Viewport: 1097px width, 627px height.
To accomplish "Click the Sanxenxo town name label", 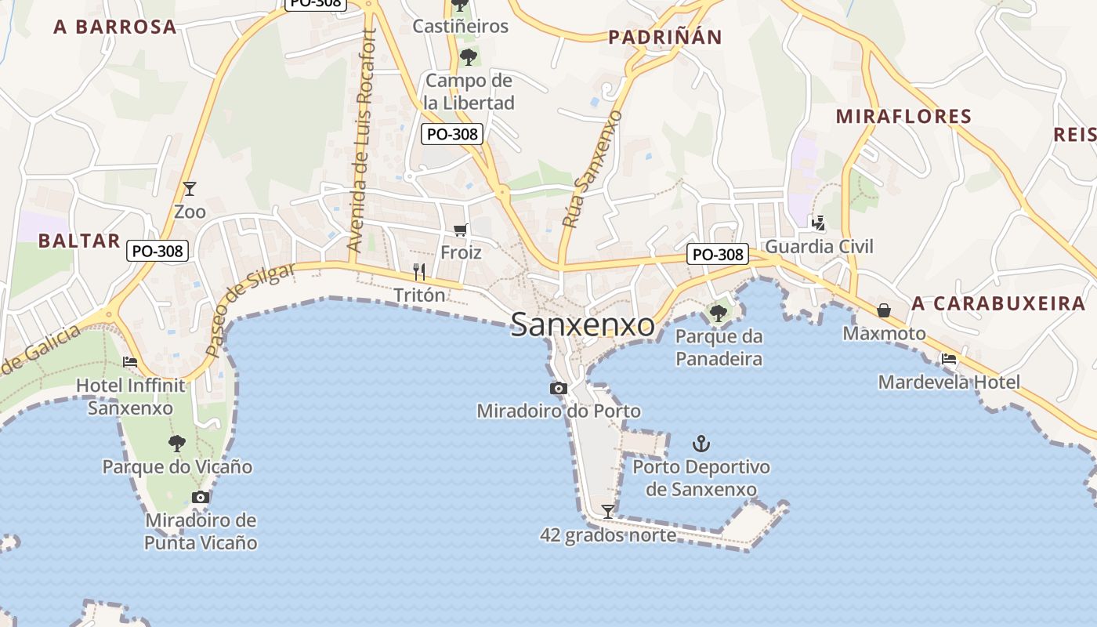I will pyautogui.click(x=582, y=325).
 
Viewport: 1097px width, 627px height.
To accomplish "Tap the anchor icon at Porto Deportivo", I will pyautogui.click(x=701, y=444).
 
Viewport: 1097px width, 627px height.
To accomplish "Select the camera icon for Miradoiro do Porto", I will pyautogui.click(x=559, y=388).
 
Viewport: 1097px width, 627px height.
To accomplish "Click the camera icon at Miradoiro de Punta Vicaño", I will pyautogui.click(x=201, y=497).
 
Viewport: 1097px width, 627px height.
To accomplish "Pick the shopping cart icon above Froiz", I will pyautogui.click(x=461, y=230).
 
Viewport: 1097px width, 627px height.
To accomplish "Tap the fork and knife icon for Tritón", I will pyautogui.click(x=419, y=272).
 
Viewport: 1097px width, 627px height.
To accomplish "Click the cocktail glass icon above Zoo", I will pyautogui.click(x=189, y=188).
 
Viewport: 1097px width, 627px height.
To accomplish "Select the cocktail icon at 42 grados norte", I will pyautogui.click(x=607, y=512).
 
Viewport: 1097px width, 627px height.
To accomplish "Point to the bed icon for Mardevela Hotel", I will pyautogui.click(x=949, y=360).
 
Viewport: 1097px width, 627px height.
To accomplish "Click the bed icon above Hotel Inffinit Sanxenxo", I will pyautogui.click(x=130, y=362).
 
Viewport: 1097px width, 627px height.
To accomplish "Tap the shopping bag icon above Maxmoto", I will pyautogui.click(x=884, y=310).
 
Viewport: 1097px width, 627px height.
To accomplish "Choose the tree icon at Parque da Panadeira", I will pyautogui.click(x=718, y=313).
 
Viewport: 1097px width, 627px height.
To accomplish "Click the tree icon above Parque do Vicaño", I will pyautogui.click(x=177, y=444).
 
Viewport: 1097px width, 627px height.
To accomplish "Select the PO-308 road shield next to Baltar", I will pyautogui.click(x=157, y=251).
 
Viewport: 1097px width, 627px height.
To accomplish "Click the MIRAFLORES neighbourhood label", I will pyautogui.click(x=903, y=117).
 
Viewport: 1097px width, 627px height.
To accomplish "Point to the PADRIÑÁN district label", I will pyautogui.click(x=665, y=37).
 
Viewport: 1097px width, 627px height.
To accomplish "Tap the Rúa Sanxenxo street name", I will pyautogui.click(x=592, y=169).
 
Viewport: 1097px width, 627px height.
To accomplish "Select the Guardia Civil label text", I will pyautogui.click(x=819, y=247).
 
